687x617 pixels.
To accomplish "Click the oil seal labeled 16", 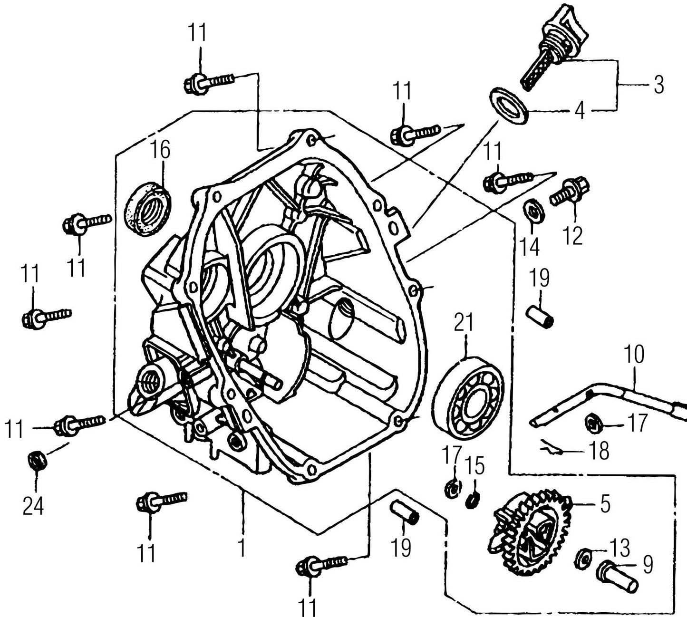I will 147,210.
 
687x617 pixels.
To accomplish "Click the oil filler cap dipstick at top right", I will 551,48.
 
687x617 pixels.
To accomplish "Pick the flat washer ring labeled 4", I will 509,106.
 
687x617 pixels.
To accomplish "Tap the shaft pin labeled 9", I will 617,576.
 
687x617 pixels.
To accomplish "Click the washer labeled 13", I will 583,558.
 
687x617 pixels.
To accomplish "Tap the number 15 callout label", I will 474,466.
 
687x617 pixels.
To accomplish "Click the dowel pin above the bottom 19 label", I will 404,512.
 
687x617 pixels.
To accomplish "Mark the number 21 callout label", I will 464,322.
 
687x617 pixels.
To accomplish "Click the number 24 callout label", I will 33,506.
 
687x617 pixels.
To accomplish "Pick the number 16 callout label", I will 161,150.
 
